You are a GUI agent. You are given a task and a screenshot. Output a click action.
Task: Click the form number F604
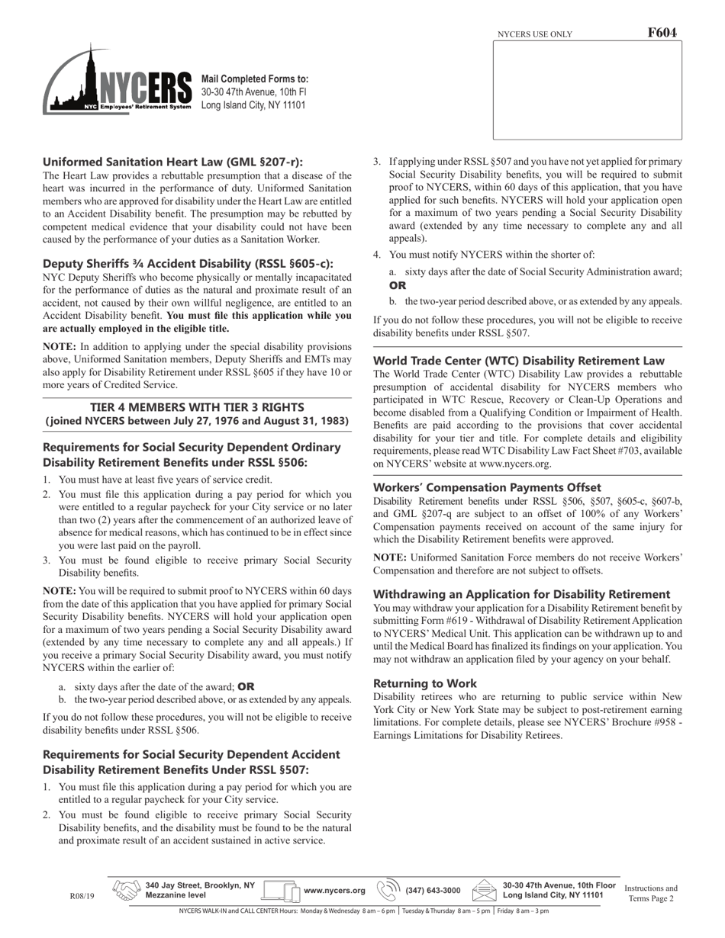pos(662,33)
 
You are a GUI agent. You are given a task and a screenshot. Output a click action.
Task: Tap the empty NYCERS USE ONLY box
pos(587,90)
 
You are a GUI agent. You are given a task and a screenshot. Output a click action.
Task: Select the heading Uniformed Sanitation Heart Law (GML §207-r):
pos(172,162)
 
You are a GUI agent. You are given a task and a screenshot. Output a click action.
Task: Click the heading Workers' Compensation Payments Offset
pos(487,487)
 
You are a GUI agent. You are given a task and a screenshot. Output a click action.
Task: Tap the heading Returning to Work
pos(425,683)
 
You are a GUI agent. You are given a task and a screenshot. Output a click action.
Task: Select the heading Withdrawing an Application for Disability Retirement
pos(522,594)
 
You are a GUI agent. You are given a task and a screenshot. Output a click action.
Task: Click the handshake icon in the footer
pos(127,890)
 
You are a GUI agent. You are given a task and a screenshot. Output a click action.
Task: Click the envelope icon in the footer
pos(485,890)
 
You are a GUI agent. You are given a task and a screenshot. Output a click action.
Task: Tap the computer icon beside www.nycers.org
pos(281,891)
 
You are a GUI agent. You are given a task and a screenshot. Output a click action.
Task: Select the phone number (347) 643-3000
pos(433,891)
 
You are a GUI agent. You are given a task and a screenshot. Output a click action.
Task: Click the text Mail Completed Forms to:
pos(255,79)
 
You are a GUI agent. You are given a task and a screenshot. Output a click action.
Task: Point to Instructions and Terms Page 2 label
pos(651,893)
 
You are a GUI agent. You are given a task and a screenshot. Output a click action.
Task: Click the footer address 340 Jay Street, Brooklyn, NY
pos(200,885)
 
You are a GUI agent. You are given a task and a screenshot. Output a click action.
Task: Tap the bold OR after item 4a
pos(398,285)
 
